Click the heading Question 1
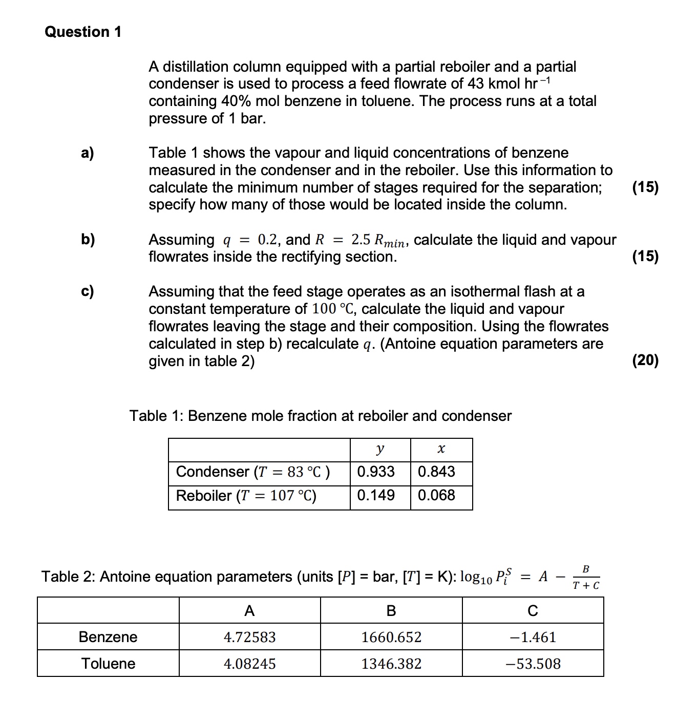point(83,32)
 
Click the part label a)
point(88,153)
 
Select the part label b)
point(88,239)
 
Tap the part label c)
point(88,291)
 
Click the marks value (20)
point(645,360)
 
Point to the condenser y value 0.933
point(376,472)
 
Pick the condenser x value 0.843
point(436,472)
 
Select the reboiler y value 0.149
point(376,495)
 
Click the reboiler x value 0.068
point(436,495)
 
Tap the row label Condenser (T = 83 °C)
point(253,472)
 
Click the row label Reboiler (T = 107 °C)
point(246,496)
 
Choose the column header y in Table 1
point(379,449)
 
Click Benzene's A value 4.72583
point(249,637)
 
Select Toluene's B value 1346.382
point(391,664)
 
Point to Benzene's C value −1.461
point(533,637)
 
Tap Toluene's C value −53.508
point(533,664)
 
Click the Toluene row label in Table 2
point(108,664)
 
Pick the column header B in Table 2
point(391,610)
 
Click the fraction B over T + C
point(586,577)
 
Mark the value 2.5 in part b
point(361,239)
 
